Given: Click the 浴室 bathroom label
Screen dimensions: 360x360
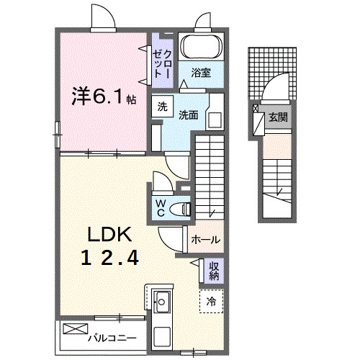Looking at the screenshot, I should [x=201, y=72].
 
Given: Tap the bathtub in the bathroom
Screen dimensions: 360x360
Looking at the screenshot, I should [x=201, y=47].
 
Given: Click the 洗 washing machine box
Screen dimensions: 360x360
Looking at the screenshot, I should [x=162, y=106].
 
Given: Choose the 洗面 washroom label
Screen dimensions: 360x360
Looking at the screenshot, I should [x=189, y=114].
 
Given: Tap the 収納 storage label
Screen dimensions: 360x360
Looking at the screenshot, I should [x=214, y=271].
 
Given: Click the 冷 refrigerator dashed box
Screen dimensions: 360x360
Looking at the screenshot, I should [x=212, y=300].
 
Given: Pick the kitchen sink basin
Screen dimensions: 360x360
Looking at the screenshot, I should [x=162, y=302].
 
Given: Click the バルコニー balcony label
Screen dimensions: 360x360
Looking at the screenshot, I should [x=112, y=336].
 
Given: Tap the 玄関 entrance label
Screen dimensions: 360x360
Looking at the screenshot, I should [x=277, y=116].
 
